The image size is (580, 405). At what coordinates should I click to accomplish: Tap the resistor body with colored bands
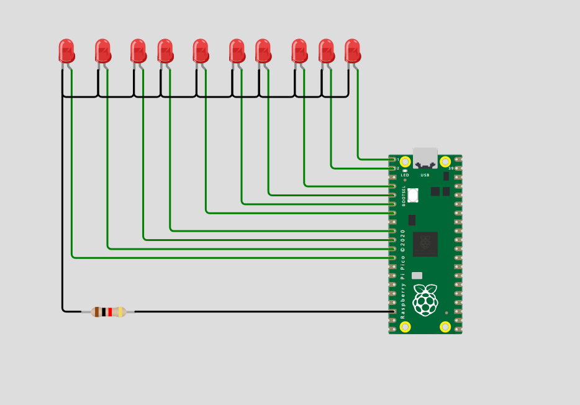pyautogui.click(x=109, y=312)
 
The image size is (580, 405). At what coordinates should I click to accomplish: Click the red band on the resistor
pyautogui.click(x=110, y=312)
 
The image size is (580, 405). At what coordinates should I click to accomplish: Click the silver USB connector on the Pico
pyautogui.click(x=425, y=158)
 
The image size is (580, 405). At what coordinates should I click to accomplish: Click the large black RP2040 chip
pyautogui.click(x=425, y=244)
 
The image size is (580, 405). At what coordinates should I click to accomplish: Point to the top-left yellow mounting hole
pyautogui.click(x=406, y=162)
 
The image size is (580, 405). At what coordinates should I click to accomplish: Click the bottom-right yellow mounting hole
pyautogui.click(x=445, y=327)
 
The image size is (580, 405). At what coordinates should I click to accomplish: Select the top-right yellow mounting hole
pyautogui.click(x=445, y=162)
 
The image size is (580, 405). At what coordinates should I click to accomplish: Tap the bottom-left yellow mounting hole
pyautogui.click(x=406, y=327)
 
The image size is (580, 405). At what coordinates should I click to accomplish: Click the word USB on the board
pyautogui.click(x=425, y=175)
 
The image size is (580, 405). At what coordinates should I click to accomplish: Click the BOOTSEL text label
pyautogui.click(x=404, y=195)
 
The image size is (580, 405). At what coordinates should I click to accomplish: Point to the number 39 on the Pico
pyautogui.click(x=451, y=168)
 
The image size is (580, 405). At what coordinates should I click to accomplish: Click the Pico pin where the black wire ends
pyautogui.click(x=393, y=311)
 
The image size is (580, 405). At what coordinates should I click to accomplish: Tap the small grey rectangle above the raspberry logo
pyautogui.click(x=417, y=276)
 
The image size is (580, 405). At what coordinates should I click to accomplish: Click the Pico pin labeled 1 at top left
pyautogui.click(x=393, y=160)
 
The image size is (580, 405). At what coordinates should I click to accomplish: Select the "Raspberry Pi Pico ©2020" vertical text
pyautogui.click(x=402, y=273)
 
